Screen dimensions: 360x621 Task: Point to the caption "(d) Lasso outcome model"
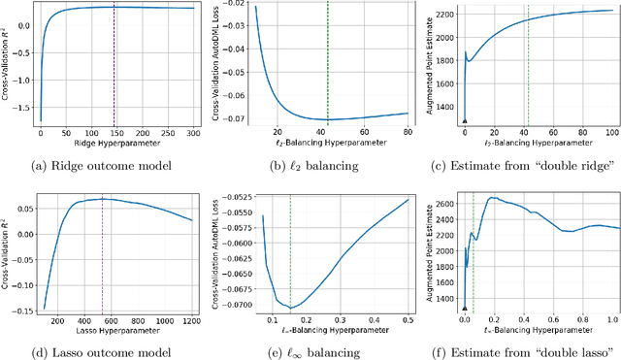[x=103, y=349]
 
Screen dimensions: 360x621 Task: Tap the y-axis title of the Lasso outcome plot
[x=8, y=247]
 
